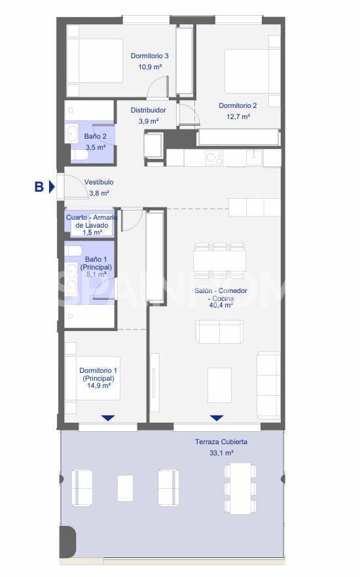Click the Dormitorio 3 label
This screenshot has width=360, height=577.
(150, 56)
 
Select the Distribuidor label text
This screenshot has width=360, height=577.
(148, 110)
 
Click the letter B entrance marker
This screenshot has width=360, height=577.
(39, 187)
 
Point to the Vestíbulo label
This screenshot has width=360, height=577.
(99, 182)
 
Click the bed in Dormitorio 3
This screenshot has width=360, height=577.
(95, 60)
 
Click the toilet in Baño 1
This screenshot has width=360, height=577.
(73, 251)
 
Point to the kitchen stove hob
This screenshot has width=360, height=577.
(214, 157)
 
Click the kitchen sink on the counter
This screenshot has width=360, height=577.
(253, 157)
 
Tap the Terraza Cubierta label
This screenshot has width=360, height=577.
(221, 442)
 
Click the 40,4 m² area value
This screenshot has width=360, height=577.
(221, 305)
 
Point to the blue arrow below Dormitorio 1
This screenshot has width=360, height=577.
(108, 417)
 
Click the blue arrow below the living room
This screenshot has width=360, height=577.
(217, 417)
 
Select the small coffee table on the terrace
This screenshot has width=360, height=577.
(125, 487)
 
